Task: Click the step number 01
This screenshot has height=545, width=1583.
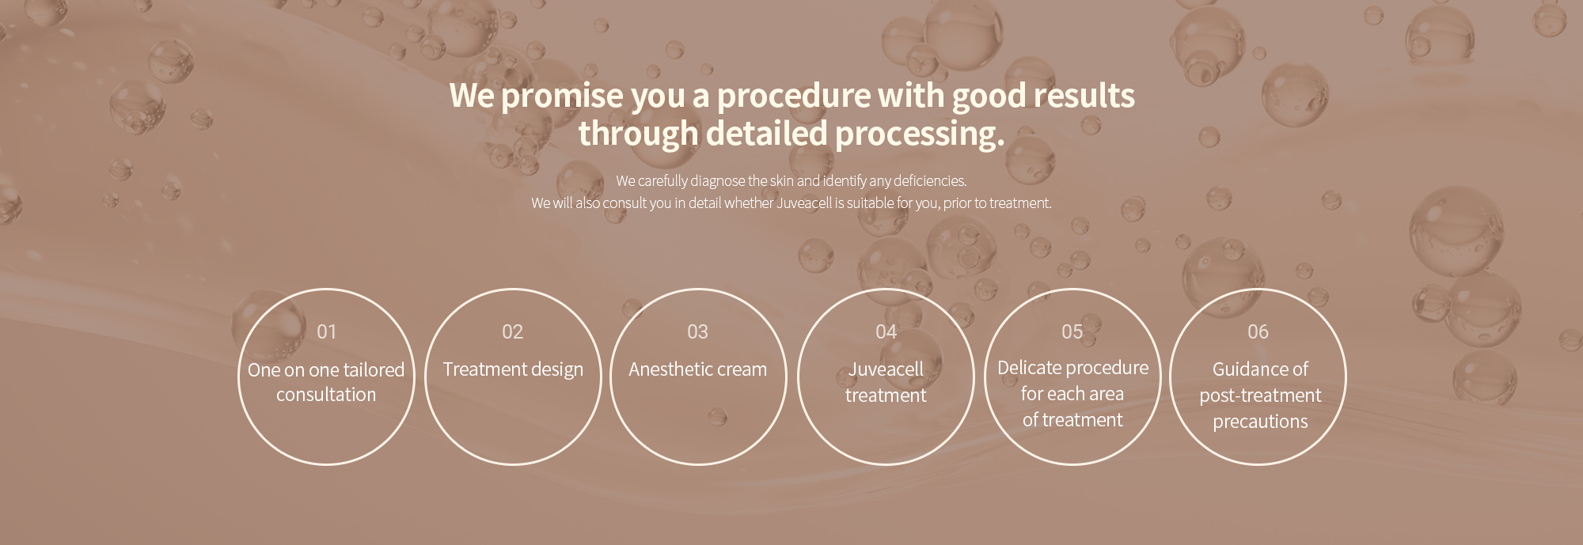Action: point(326,331)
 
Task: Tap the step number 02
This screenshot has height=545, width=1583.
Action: point(512,331)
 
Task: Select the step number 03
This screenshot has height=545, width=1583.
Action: point(697,331)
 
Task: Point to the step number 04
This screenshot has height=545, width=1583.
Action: point(886,331)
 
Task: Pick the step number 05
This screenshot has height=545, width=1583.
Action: point(1072,331)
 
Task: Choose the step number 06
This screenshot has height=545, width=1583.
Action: point(1258,331)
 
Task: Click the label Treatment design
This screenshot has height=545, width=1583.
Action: point(513,369)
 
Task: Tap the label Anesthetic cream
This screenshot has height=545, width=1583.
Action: point(697,369)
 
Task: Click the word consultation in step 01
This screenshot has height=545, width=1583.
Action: point(326,394)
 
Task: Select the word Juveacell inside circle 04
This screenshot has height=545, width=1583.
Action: point(886,369)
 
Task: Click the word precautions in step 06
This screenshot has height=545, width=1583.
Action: point(1260,422)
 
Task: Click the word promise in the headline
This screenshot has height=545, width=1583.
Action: point(562,97)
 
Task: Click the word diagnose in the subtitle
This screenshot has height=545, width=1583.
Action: point(717,181)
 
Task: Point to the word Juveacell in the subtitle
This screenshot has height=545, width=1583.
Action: point(804,203)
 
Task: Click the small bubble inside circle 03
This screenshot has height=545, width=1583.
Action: point(717,417)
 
